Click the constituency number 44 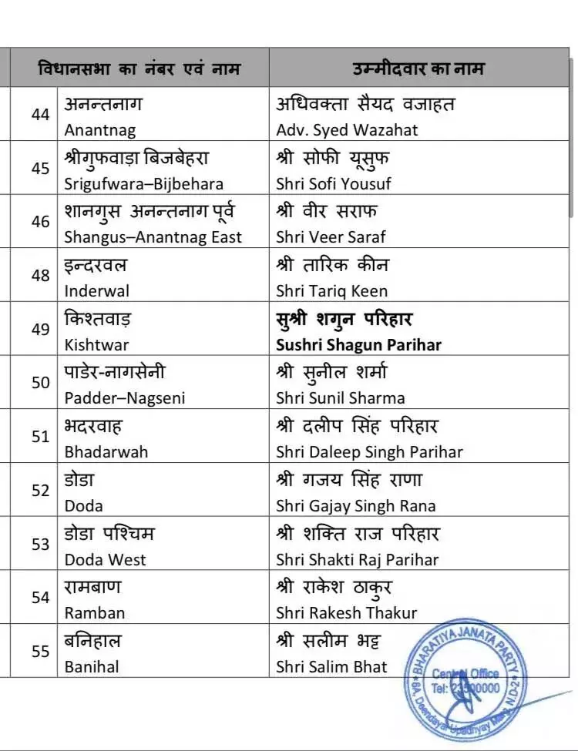(x=40, y=114)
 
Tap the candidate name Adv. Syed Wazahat (x=347, y=130)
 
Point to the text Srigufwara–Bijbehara (x=143, y=184)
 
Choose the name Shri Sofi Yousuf (x=334, y=184)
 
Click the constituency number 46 (x=40, y=222)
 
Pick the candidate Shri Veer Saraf (x=331, y=237)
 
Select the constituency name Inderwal (x=96, y=291)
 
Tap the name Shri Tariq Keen (x=332, y=291)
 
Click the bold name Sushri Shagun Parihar (x=358, y=344)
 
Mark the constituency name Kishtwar (x=96, y=344)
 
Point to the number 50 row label (x=40, y=383)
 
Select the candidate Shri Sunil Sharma (x=340, y=398)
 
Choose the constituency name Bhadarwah (x=106, y=451)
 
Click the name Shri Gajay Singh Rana (x=355, y=505)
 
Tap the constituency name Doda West (x=105, y=559)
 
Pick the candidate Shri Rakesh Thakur (x=346, y=613)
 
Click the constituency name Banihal (x=92, y=666)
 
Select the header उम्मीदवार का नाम (x=418, y=69)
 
